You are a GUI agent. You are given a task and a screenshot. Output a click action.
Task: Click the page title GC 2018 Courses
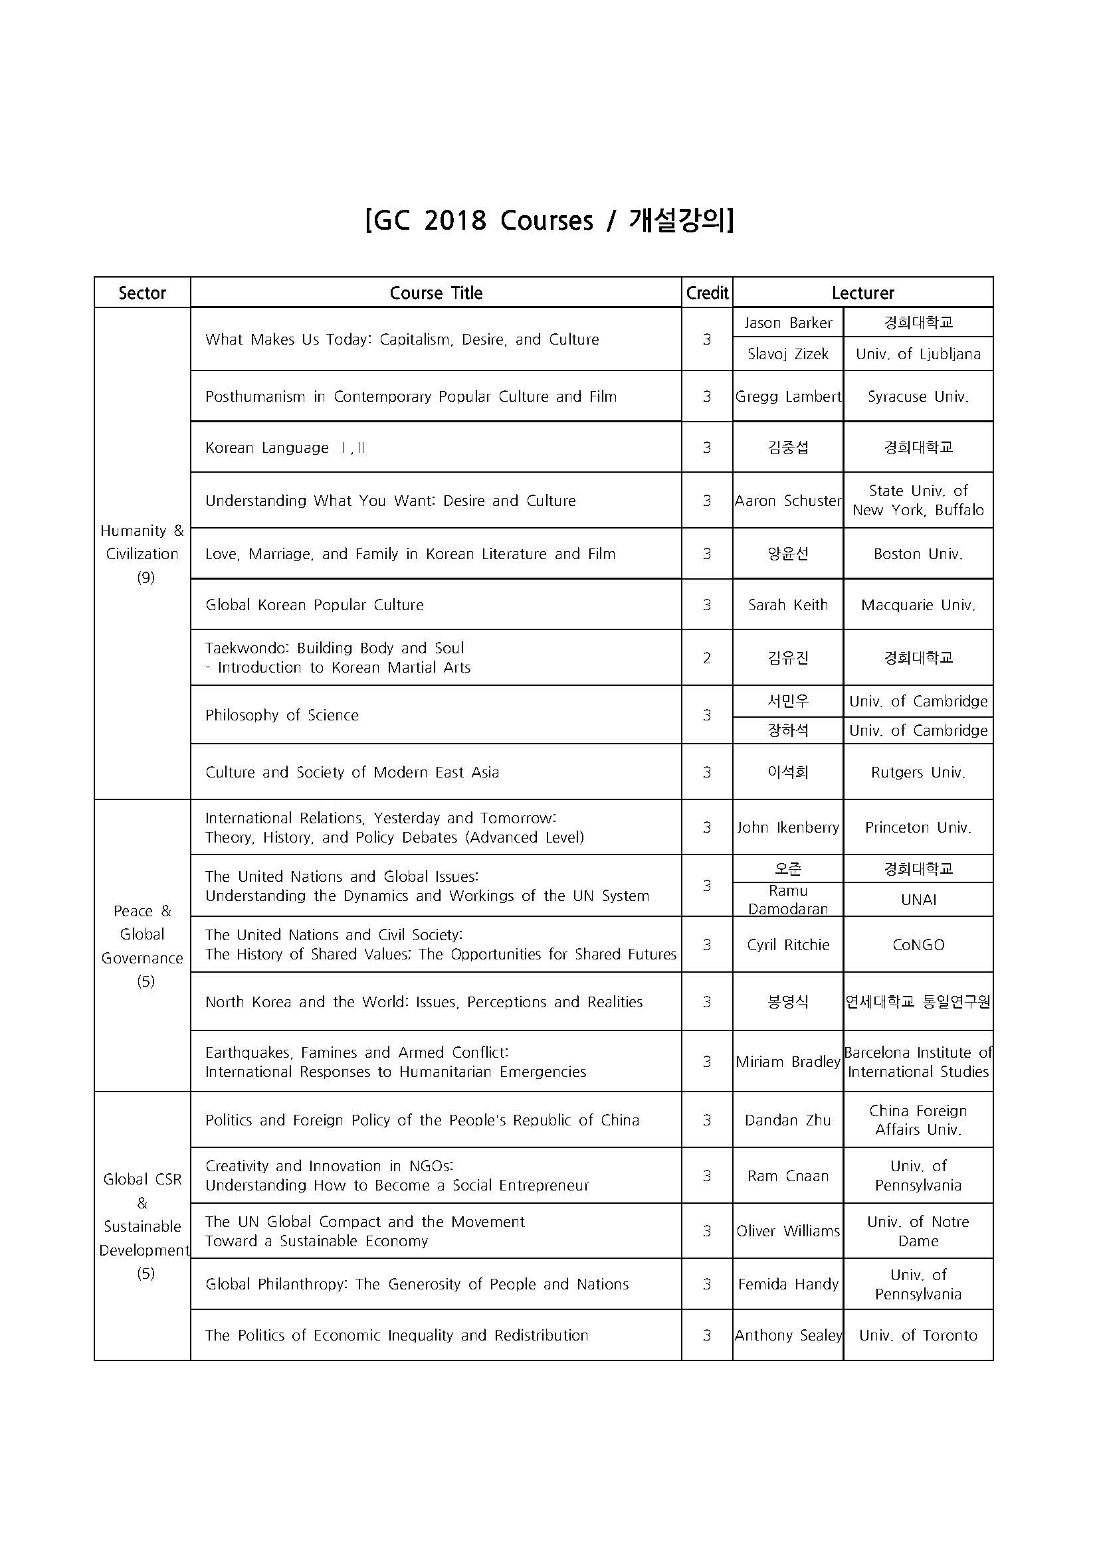pos(549,220)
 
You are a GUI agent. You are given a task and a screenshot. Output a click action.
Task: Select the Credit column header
pos(706,293)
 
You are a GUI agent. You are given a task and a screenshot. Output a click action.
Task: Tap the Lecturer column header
pos(863,293)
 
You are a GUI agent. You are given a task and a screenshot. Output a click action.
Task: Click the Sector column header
pos(142,293)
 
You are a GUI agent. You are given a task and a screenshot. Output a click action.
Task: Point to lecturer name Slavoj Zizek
pos(788,354)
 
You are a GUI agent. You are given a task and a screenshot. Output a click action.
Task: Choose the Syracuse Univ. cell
pos(918,396)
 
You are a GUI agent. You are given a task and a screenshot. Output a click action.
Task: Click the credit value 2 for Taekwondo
pos(706,657)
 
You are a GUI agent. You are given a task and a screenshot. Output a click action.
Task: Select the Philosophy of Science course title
pos(282,715)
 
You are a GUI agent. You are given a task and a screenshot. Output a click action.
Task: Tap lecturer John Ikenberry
pos(788,827)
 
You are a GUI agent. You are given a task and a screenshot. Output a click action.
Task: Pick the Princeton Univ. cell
pos(918,827)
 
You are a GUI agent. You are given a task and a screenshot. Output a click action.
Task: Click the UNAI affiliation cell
pos(918,900)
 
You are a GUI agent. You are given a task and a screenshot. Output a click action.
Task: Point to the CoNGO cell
pos(918,945)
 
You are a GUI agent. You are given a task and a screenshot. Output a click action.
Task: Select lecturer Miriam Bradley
pos(788,1062)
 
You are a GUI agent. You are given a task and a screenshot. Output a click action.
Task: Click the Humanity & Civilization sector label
pos(142,553)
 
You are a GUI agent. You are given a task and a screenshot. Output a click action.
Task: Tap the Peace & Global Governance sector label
pos(142,945)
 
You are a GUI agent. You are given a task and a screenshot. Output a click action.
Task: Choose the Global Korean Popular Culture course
pos(315,605)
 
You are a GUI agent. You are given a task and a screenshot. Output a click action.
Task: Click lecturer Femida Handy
pos(788,1284)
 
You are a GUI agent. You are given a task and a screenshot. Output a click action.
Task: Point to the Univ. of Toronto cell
pos(918,1335)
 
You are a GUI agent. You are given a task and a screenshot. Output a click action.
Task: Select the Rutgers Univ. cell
pos(918,772)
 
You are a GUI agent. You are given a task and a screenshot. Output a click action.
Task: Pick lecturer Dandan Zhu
pos(788,1120)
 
